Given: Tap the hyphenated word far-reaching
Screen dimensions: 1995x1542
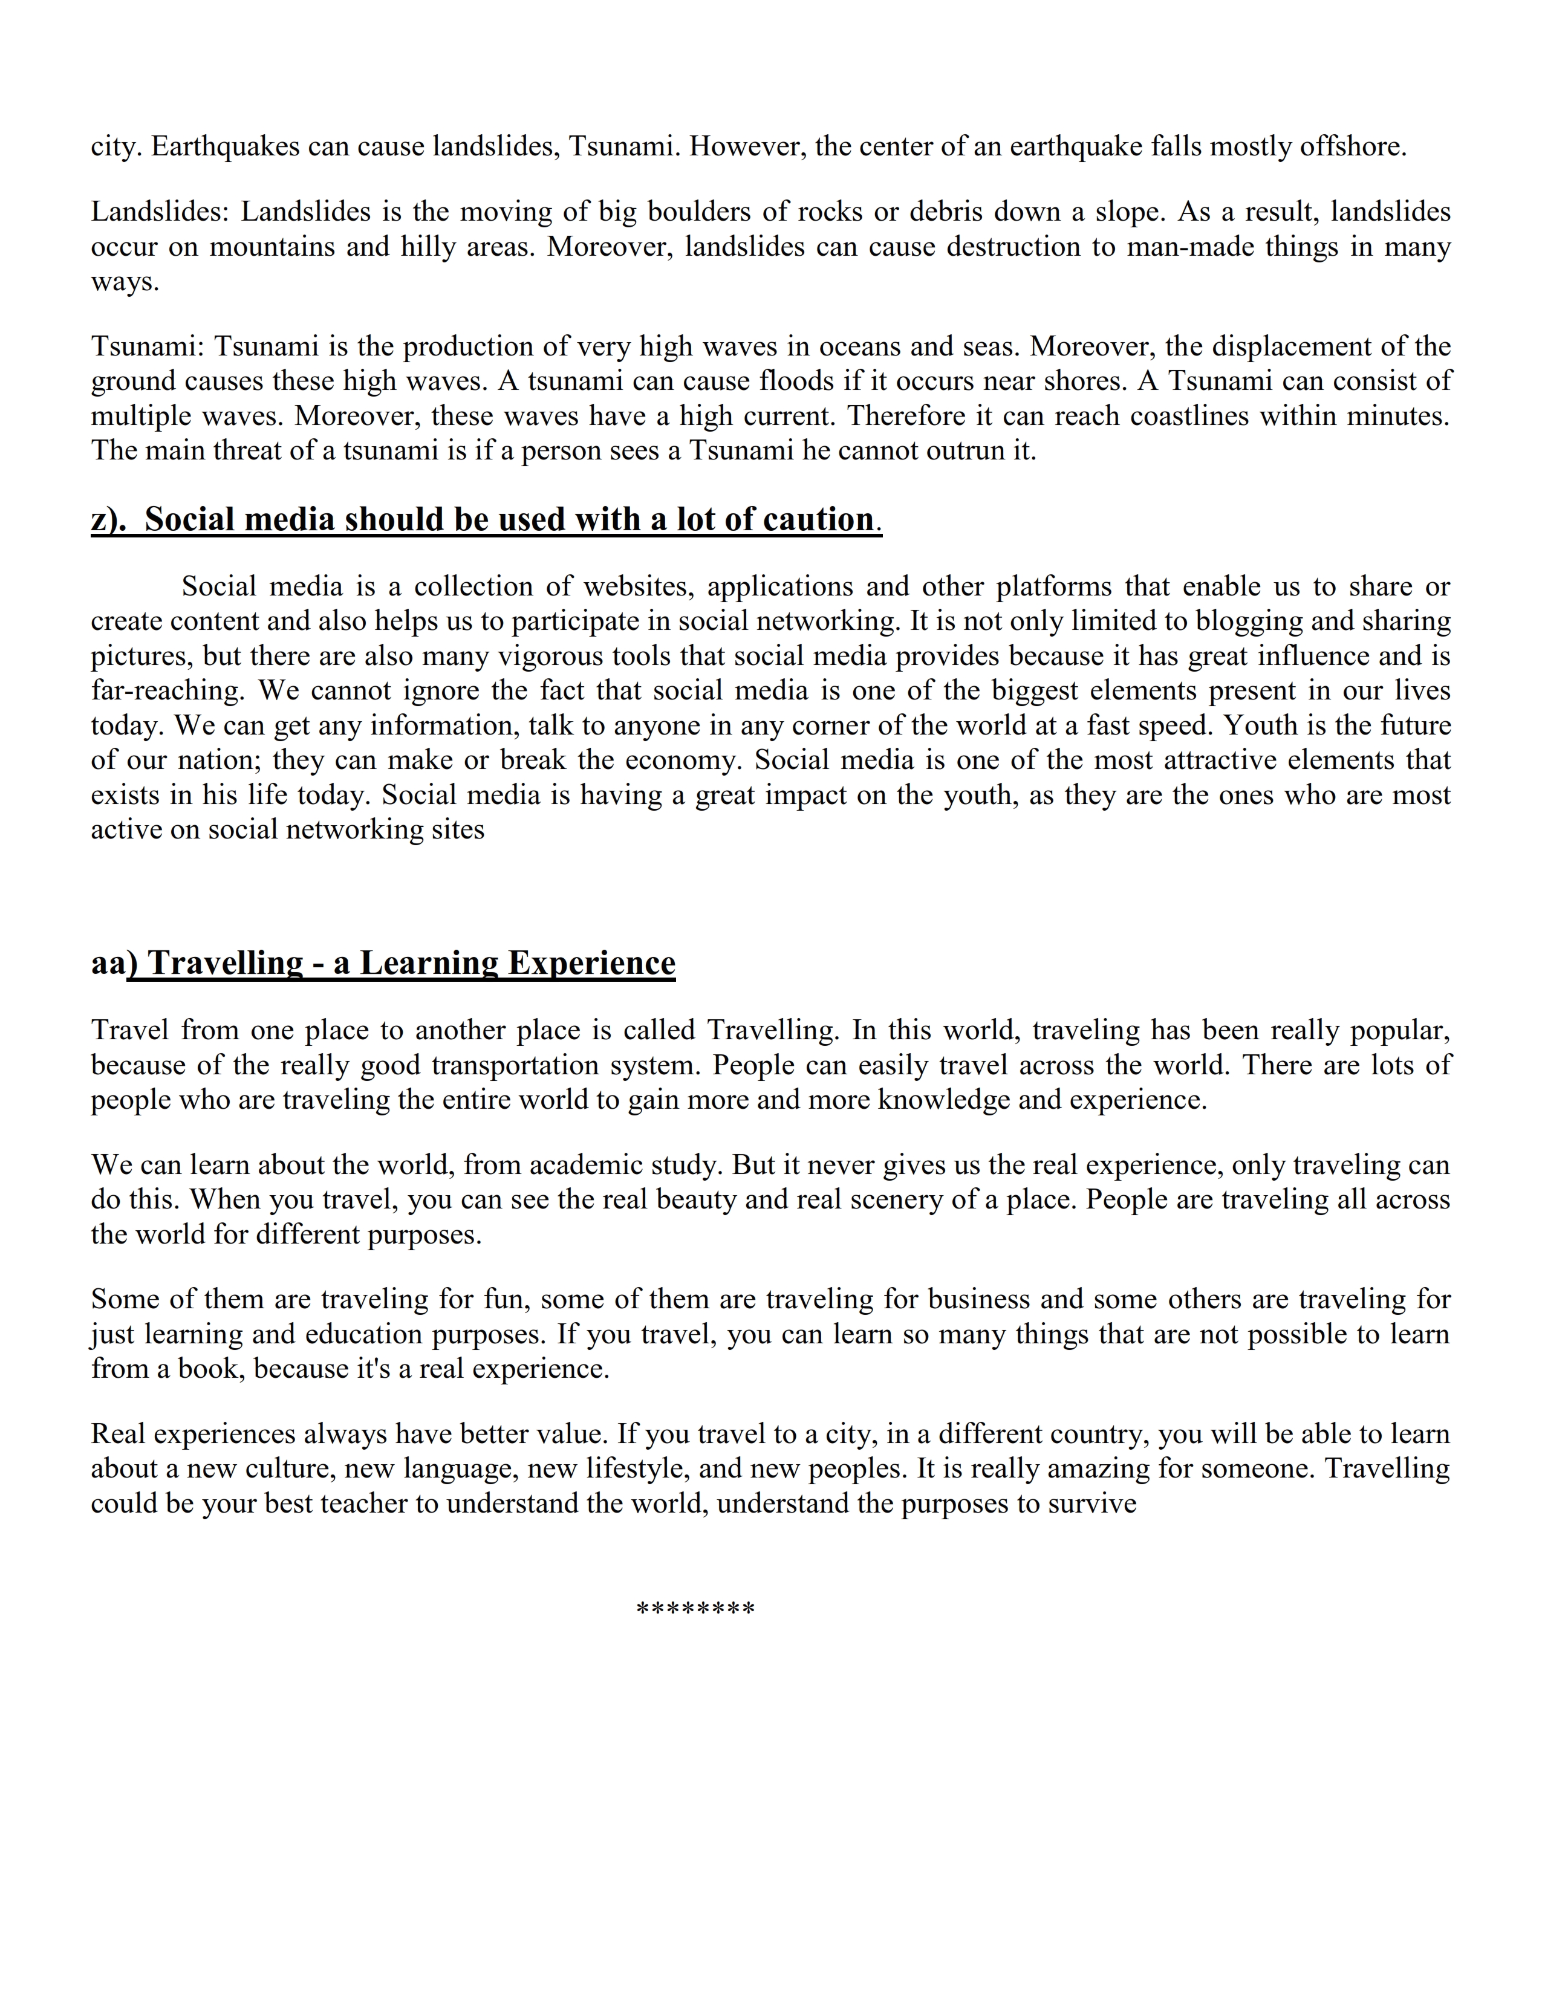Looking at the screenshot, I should pyautogui.click(x=167, y=690).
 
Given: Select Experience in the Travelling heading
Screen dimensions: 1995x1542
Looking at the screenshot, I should pyautogui.click(x=591, y=963).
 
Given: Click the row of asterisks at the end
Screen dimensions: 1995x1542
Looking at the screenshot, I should pyautogui.click(x=695, y=1609).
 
